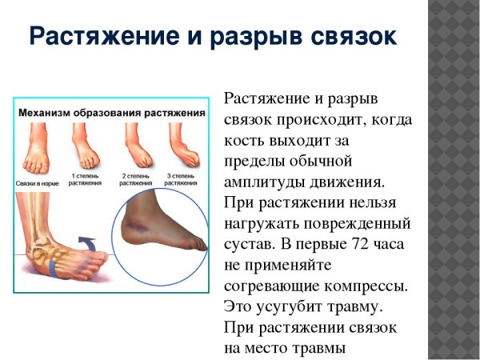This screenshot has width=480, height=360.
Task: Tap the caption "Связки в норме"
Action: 37,182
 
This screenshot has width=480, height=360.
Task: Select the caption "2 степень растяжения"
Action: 136,178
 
